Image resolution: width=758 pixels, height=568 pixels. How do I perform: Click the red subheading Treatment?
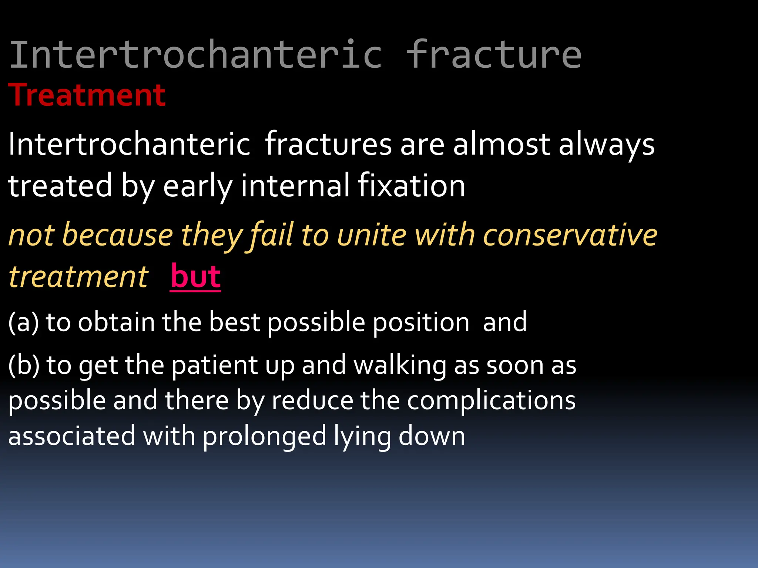87,95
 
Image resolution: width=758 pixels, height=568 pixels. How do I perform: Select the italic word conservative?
570,235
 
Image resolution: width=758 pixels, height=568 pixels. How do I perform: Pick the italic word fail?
272,235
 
